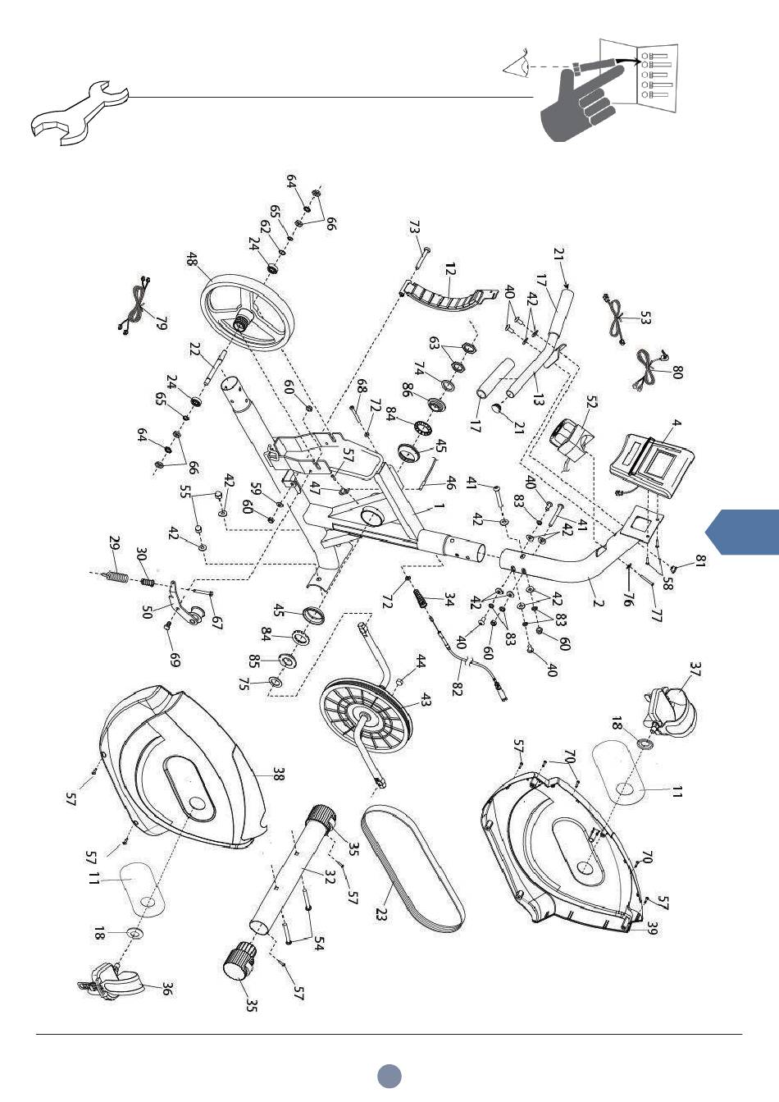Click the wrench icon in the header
coord(79,114)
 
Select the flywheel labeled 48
coord(248,313)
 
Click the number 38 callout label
coord(279,775)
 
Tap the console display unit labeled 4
coord(652,465)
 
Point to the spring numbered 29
coord(117,575)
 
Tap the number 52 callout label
coord(591,402)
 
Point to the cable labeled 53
coord(615,319)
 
